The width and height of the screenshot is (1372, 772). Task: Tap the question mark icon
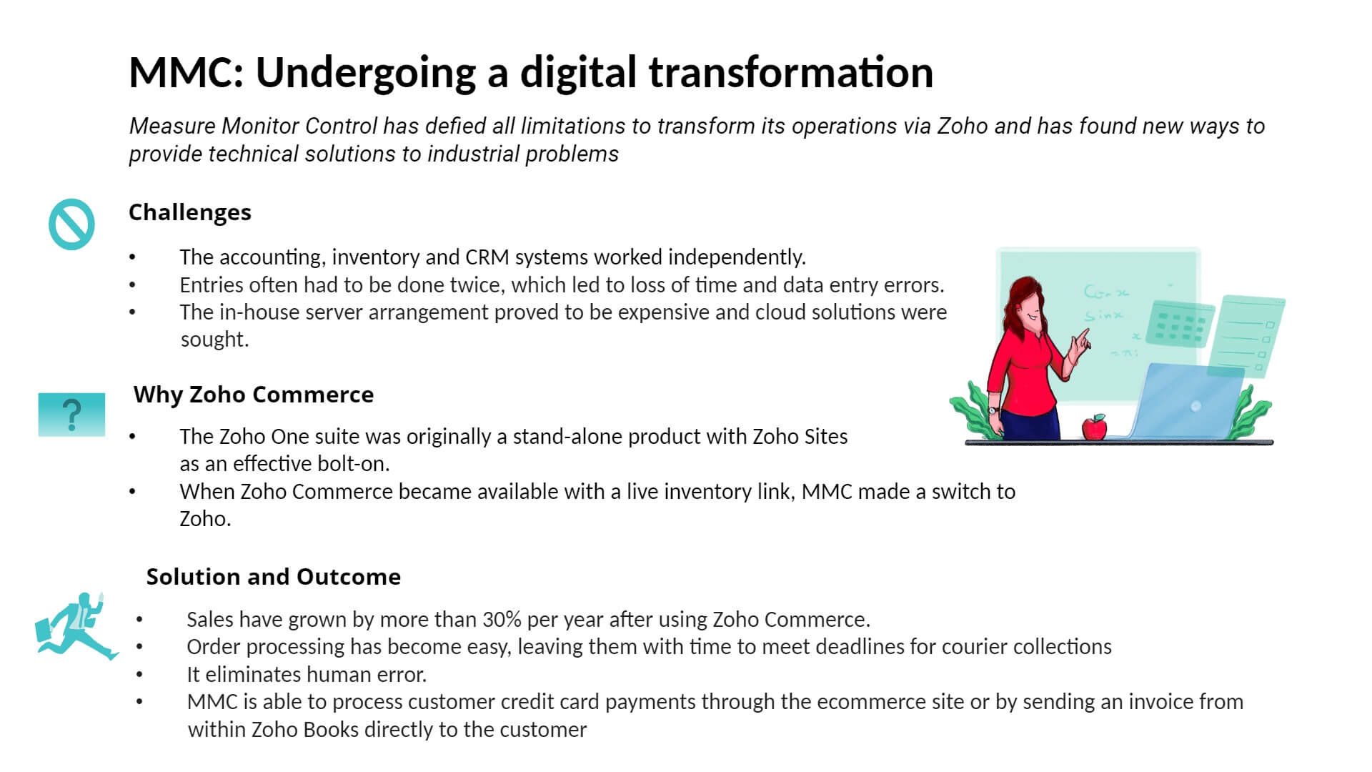click(x=71, y=415)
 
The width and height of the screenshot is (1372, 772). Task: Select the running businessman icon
click(x=76, y=626)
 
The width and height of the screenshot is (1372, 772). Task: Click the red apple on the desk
click(x=1094, y=427)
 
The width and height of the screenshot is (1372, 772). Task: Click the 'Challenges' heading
click(x=190, y=212)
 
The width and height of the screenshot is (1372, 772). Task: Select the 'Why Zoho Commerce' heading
click(x=254, y=395)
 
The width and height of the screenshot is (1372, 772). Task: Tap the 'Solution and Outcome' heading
click(x=274, y=577)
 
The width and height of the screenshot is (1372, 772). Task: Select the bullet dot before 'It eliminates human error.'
click(x=139, y=674)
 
